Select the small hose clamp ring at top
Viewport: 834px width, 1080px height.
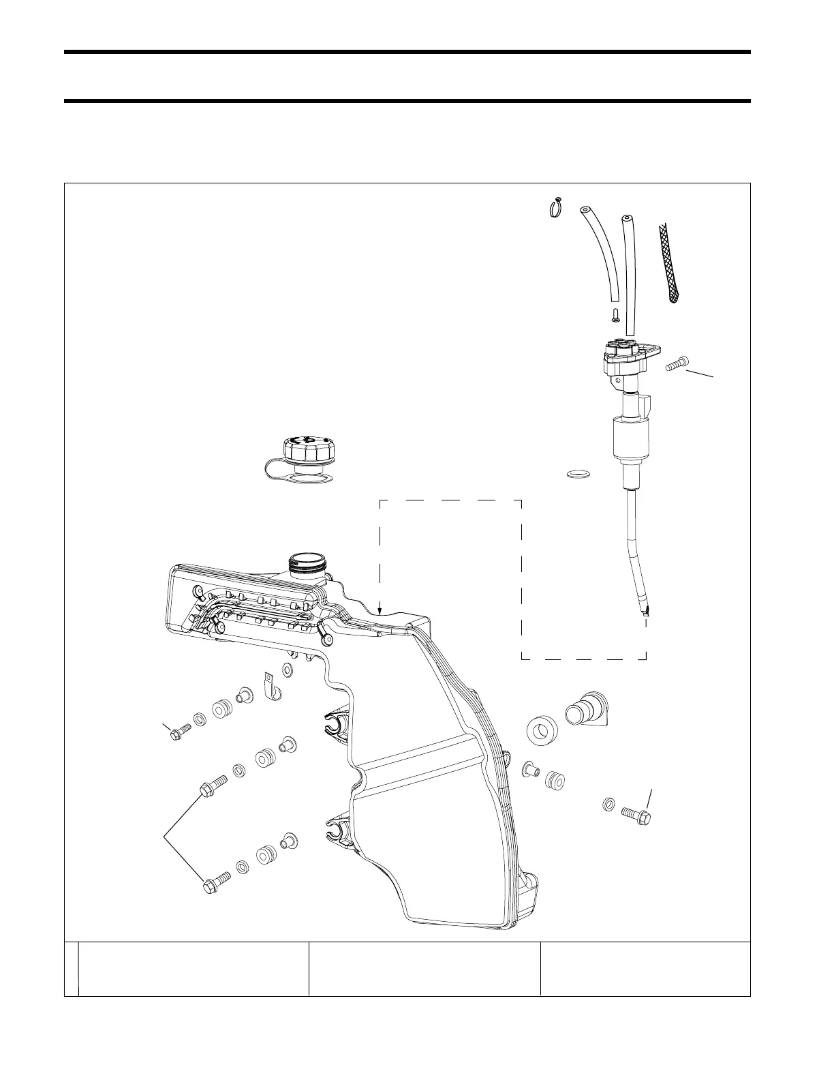[x=555, y=206]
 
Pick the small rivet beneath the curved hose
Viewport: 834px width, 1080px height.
[x=615, y=315]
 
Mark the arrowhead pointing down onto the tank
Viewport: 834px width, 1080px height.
[x=380, y=612]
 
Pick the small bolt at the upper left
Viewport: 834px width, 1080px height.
[x=180, y=733]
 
